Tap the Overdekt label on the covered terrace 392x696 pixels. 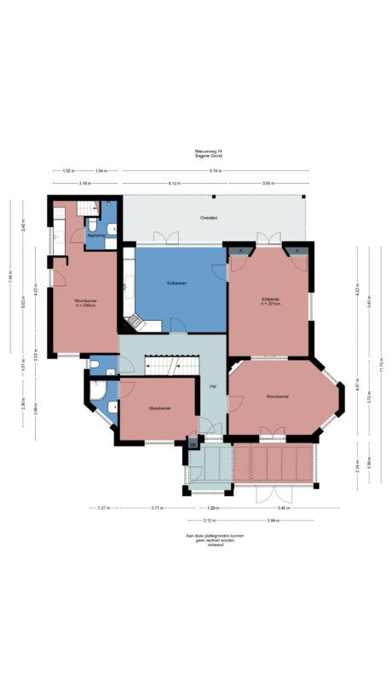(209, 219)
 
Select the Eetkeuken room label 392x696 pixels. (177, 282)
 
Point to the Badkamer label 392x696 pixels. (96, 235)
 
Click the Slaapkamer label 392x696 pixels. (159, 408)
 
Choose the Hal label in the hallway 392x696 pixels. (212, 386)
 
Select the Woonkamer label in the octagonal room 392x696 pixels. (278, 396)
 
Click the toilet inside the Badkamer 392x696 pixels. (90, 225)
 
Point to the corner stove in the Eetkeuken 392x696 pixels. (134, 321)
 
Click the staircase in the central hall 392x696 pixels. (160, 365)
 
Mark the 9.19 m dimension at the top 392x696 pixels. (216, 171)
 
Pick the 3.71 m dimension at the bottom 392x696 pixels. (156, 508)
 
